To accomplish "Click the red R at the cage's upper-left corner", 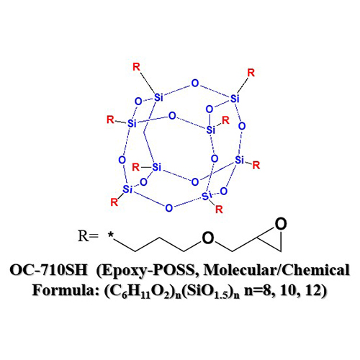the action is click(x=136, y=67).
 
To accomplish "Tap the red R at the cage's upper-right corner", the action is click(x=251, y=73).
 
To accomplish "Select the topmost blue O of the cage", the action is click(x=195, y=84).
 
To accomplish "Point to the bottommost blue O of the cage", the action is click(x=169, y=208).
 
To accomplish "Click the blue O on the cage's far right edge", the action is click(x=242, y=126).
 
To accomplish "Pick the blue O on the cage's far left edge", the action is click(x=122, y=160).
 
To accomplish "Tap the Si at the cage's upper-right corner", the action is click(x=235, y=99).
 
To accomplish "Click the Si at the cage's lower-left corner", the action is click(x=127, y=189).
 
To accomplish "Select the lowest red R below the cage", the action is click(x=219, y=210).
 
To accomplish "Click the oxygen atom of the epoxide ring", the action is click(x=281, y=224).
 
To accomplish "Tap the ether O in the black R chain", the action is click(x=208, y=238).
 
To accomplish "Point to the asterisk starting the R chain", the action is click(x=111, y=235).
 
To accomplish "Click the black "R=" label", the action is click(x=88, y=236).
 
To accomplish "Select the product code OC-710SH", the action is click(x=48, y=270).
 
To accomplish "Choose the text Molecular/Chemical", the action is click(x=276, y=270).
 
